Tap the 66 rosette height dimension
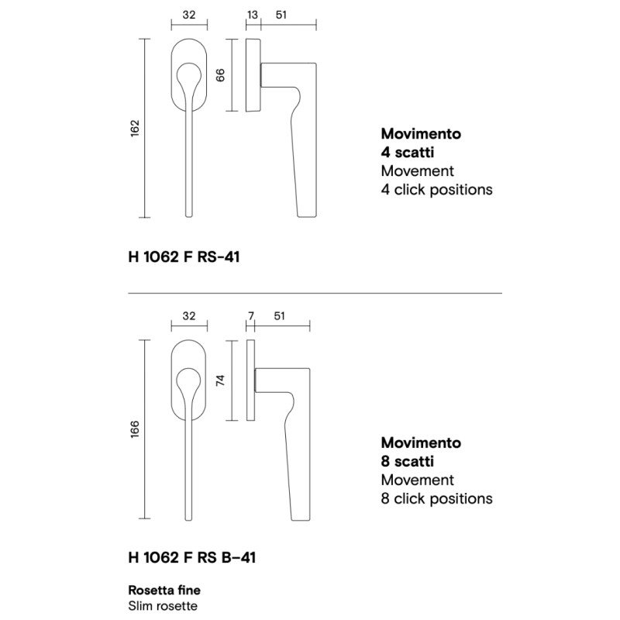[x=219, y=75]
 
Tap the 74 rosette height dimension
[x=219, y=380]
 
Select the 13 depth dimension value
[x=253, y=14]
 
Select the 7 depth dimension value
[x=250, y=316]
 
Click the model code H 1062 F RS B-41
[x=191, y=556]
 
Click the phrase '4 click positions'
[x=436, y=189]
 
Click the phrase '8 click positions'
[x=436, y=498]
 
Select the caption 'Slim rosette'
[x=158, y=604]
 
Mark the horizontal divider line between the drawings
[x=315, y=294]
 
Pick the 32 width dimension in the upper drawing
[x=188, y=14]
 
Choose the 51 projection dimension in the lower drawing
[x=280, y=316]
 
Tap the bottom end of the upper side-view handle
[x=307, y=215]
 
